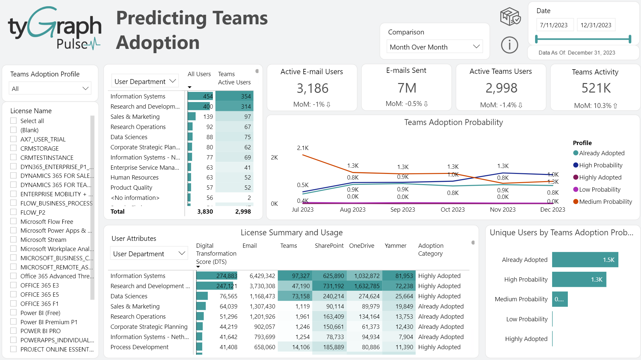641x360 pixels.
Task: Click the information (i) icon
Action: (x=509, y=45)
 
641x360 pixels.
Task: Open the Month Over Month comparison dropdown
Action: (x=435, y=47)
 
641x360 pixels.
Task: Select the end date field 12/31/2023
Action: (x=595, y=25)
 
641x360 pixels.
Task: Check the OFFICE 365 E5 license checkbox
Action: (x=13, y=294)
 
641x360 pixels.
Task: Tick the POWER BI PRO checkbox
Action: (x=13, y=331)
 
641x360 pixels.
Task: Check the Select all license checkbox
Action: (x=13, y=121)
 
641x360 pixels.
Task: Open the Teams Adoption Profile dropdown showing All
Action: (x=50, y=89)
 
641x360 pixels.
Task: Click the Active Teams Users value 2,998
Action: (x=501, y=88)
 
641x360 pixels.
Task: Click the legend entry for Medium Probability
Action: (x=605, y=201)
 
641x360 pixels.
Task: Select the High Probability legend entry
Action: (x=600, y=165)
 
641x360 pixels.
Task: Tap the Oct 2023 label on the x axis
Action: (x=452, y=209)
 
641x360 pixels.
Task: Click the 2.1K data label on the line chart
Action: (x=302, y=148)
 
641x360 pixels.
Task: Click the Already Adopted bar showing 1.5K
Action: (x=585, y=260)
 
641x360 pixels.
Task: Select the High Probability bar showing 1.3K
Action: (x=579, y=279)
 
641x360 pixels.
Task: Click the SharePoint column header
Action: (x=329, y=245)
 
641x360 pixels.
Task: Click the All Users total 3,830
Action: (x=205, y=211)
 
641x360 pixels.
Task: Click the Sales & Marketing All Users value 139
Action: (x=208, y=116)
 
